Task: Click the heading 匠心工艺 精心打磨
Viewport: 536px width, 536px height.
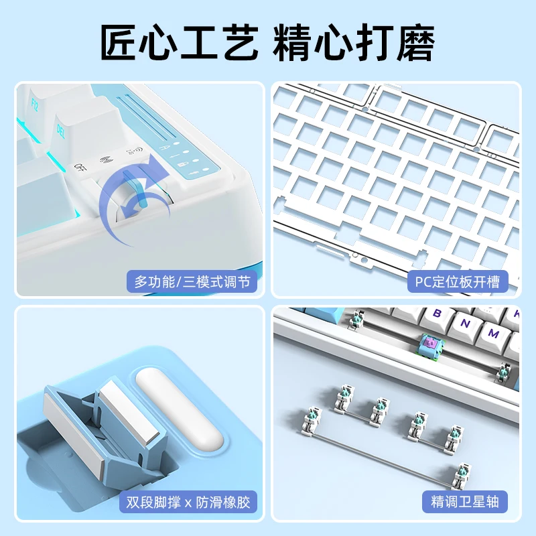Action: click(x=267, y=42)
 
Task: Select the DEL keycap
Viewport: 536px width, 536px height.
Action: click(x=86, y=130)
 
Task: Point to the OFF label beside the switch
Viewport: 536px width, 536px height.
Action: click(x=80, y=167)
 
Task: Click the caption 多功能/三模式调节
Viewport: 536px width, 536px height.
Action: click(x=192, y=281)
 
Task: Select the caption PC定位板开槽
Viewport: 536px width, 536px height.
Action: click(x=458, y=281)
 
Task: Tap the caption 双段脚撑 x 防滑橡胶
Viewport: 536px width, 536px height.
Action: click(x=188, y=502)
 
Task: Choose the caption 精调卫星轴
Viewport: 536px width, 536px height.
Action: click(x=465, y=502)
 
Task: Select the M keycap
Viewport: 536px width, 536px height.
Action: click(x=493, y=337)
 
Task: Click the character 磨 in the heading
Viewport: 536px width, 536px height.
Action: click(x=415, y=42)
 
